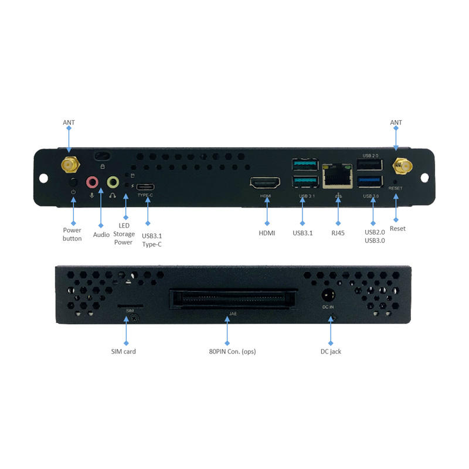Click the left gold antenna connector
coord(69,165)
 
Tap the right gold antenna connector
coord(402,166)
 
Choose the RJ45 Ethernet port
coord(337,175)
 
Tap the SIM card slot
coord(125,306)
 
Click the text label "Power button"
coord(73,234)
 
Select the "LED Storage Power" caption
coord(124,234)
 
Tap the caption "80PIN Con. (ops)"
coord(233,352)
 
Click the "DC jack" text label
coord(331,351)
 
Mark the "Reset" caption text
coord(397,228)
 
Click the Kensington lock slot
coord(103,156)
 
